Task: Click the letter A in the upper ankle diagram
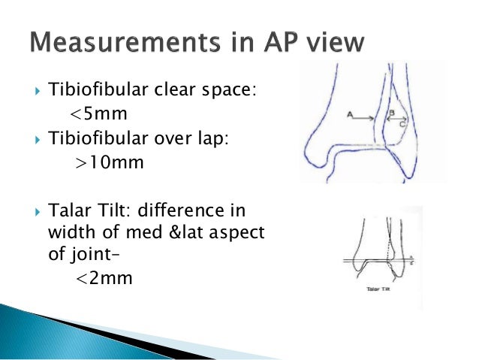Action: [350, 115]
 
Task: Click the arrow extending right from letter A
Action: [368, 116]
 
